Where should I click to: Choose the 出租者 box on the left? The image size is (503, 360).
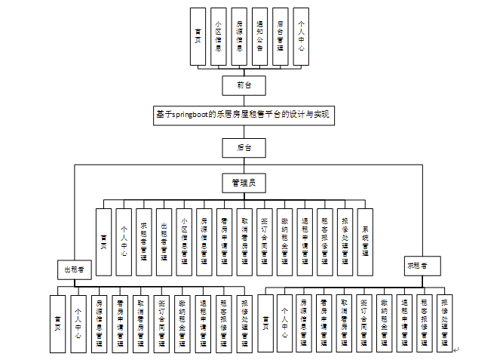tap(74, 269)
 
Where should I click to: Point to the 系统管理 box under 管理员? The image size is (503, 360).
tap(364, 242)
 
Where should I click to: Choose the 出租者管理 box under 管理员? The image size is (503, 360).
tap(164, 242)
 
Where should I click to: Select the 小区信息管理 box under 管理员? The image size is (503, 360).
tap(184, 242)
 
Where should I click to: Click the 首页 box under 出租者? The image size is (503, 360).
tap(57, 324)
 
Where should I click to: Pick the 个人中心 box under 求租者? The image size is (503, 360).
tap(284, 324)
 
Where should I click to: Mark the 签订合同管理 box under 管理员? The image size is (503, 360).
tap(264, 242)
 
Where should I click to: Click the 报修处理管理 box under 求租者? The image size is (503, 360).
tap(444, 324)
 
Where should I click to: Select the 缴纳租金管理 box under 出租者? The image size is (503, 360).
tap(181, 324)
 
